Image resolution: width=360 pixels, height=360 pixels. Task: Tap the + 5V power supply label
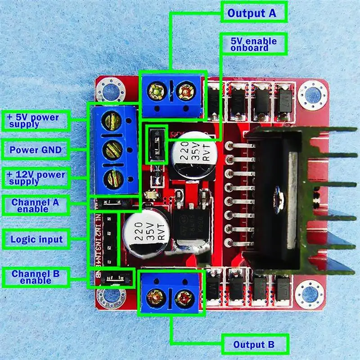[x=36, y=121]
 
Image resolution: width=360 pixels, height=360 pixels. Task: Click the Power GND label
[x=36, y=149]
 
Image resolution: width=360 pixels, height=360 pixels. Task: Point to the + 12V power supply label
[x=36, y=178]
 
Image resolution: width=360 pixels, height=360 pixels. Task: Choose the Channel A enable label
[x=36, y=206]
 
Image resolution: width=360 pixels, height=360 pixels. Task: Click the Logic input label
[x=36, y=239]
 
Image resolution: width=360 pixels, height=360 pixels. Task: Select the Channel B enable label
[x=36, y=277]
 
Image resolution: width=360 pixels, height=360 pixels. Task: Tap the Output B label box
[x=255, y=345]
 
